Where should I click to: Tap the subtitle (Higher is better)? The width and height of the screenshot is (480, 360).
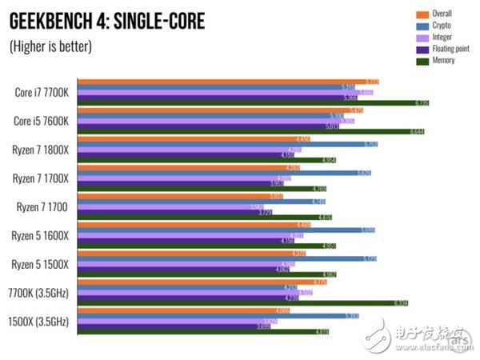pyautogui.click(x=50, y=46)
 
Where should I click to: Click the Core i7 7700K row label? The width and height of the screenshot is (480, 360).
pyautogui.click(x=42, y=92)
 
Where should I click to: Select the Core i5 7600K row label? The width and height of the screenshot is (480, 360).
pyautogui.click(x=42, y=121)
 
